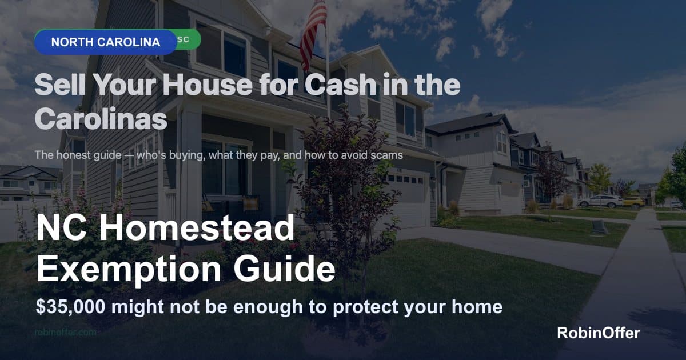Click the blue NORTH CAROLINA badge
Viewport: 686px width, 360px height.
click(x=105, y=42)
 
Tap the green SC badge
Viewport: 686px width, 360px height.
click(x=186, y=39)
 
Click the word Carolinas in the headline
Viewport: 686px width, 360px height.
click(x=101, y=119)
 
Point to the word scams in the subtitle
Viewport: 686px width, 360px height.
click(x=389, y=155)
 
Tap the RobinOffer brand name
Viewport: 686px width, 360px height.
click(x=599, y=333)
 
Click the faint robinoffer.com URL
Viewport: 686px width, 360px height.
click(x=65, y=332)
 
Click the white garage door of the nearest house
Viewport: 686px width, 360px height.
click(x=407, y=199)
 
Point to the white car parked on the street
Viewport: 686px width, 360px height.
click(x=600, y=201)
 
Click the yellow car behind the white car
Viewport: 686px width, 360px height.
click(x=633, y=201)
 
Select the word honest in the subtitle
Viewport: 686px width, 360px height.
click(x=72, y=155)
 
